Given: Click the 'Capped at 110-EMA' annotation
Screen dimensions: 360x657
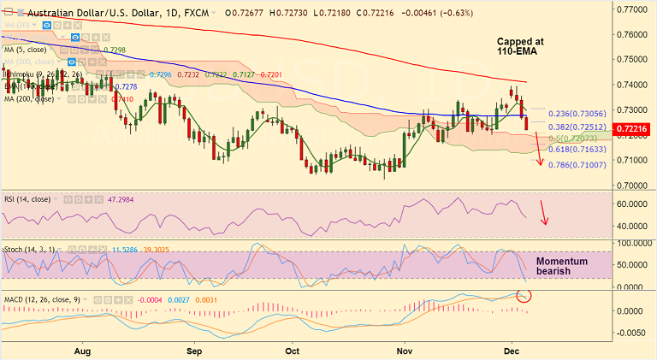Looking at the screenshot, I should click(x=522, y=47).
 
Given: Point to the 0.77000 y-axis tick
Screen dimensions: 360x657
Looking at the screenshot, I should click(x=634, y=9).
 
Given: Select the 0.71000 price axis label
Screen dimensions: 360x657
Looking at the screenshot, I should click(x=634, y=160).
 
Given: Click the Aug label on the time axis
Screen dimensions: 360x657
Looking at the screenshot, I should click(x=82, y=351).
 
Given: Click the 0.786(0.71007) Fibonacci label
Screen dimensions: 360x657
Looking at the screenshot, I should click(x=582, y=164).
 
